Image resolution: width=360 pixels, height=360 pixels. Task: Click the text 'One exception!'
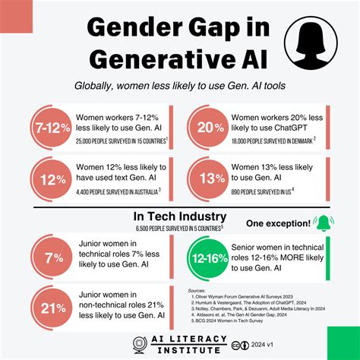278,223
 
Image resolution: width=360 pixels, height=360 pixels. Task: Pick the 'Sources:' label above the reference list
199,289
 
